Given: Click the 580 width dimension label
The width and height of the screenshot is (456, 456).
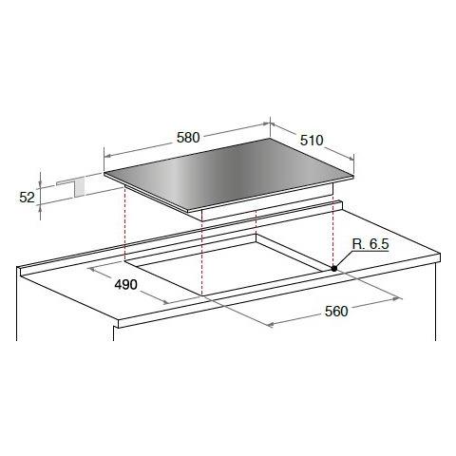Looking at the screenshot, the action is click(x=188, y=138).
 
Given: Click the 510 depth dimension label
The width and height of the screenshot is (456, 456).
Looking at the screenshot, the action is click(x=312, y=141).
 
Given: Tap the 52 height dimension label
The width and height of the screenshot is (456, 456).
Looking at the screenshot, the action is click(x=27, y=198).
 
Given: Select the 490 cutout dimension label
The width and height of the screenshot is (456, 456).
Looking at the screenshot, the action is click(x=125, y=285).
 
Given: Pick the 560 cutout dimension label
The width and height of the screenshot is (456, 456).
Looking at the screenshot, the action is click(x=336, y=312).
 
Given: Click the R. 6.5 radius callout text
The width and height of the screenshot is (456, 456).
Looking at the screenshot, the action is click(x=370, y=244).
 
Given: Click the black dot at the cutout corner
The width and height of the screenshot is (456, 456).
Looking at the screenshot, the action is click(x=334, y=269).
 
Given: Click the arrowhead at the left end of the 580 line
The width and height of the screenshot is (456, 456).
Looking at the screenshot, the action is click(x=107, y=156).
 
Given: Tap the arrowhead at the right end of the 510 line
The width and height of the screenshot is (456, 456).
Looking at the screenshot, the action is click(x=351, y=158).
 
